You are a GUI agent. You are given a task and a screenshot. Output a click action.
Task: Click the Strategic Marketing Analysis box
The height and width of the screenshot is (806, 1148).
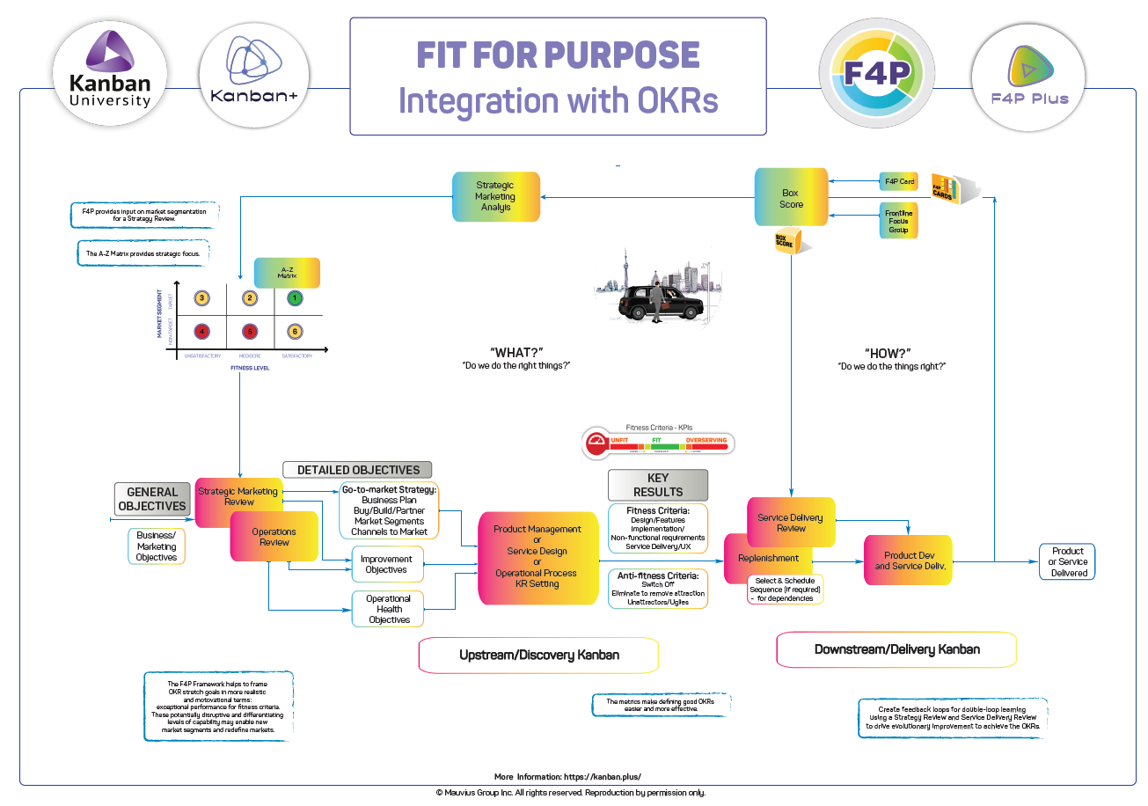495,196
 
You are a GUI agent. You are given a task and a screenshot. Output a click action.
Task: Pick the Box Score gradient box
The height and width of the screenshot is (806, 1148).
791,198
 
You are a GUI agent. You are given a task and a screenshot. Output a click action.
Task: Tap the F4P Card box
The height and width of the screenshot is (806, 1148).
898,182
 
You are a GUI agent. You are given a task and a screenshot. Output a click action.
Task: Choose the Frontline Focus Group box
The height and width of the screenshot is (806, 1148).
898,220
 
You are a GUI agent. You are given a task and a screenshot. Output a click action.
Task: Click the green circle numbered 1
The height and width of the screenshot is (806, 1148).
296,298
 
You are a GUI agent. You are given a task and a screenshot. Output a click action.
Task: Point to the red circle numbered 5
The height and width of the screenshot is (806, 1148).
250,332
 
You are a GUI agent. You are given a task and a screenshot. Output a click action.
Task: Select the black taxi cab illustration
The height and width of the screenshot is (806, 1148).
660,307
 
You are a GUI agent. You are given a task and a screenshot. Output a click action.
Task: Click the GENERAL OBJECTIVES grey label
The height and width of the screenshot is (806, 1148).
152,499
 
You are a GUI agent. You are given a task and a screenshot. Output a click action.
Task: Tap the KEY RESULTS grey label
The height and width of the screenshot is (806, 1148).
657,485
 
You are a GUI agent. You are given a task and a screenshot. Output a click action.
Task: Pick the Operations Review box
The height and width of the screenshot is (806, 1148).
274,537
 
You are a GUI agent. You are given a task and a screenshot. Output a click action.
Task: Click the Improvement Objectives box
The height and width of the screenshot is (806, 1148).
386,565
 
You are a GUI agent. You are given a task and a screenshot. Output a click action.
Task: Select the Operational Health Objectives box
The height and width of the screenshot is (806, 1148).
388,609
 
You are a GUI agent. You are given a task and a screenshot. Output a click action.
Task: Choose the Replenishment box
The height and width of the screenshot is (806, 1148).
767,558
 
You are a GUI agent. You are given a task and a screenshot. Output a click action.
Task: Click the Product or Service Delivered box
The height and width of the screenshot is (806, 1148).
1068,562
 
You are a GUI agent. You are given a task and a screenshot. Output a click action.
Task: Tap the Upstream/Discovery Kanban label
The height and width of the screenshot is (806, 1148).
538,655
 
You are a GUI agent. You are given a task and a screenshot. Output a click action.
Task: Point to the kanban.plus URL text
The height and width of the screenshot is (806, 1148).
602,777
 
